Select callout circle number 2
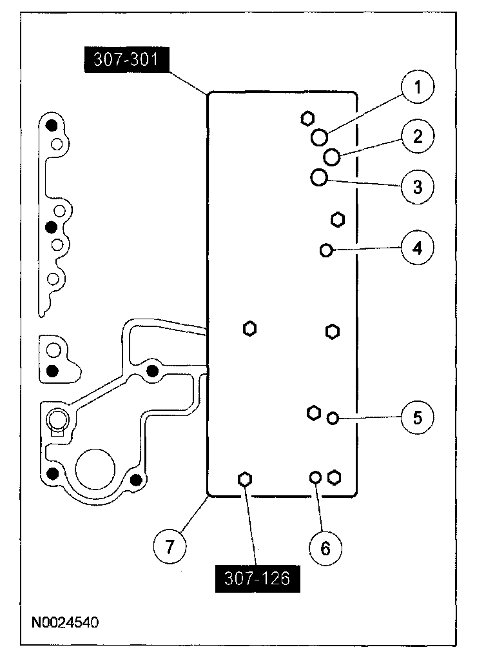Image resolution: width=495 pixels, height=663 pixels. (417, 136)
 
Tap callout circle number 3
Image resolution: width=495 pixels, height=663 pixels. (417, 186)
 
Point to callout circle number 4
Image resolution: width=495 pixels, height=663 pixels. (417, 247)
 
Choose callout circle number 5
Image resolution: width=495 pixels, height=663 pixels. (417, 417)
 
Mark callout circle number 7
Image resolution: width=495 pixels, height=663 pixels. (169, 548)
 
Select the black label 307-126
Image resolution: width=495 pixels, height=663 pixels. (258, 579)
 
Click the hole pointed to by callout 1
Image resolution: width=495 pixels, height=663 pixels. (318, 137)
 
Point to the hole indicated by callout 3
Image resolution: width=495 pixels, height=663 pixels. (318, 177)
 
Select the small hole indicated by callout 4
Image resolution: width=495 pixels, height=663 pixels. (326, 250)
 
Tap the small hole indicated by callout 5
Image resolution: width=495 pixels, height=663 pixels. (333, 418)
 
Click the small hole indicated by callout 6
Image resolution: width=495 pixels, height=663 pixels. (316, 477)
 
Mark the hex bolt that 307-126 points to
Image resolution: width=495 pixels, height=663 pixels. (244, 479)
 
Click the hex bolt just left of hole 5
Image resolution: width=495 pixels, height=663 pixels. (314, 412)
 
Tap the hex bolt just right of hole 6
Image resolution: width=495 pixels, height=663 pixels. (334, 477)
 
